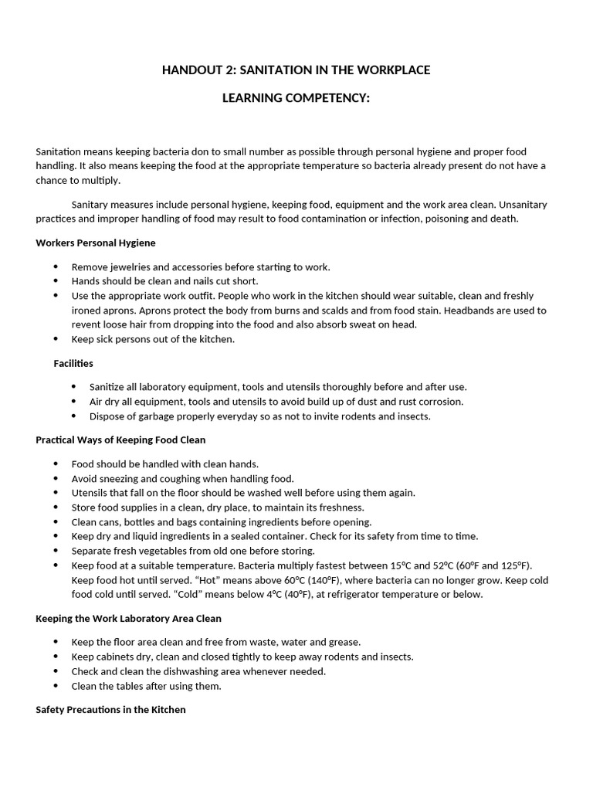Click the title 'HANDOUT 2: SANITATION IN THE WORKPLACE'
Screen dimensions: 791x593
click(296, 70)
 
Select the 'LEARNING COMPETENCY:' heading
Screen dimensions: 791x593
click(296, 99)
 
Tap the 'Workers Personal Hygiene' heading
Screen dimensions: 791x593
click(96, 243)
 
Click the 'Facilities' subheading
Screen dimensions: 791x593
click(73, 363)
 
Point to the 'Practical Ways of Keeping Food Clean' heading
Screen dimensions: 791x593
click(120, 440)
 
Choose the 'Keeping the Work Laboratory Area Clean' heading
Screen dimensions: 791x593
click(128, 618)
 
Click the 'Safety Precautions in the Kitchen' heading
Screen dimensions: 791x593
click(110, 709)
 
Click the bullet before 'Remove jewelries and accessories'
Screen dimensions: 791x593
click(56, 267)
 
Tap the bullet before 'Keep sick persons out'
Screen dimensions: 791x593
click(56, 339)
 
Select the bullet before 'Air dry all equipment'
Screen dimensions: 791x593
click(74, 402)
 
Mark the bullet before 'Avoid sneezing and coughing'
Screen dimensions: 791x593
click(56, 479)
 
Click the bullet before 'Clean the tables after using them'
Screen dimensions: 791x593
click(56, 686)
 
